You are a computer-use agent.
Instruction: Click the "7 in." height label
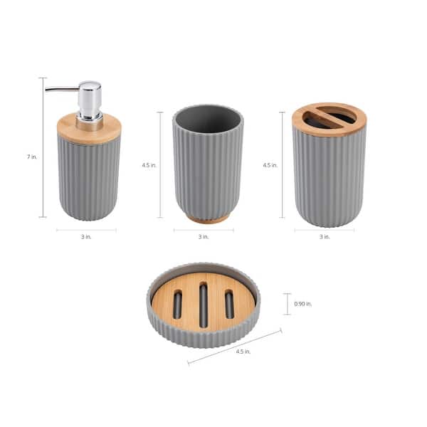[32, 156]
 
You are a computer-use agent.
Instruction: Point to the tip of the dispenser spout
[47, 89]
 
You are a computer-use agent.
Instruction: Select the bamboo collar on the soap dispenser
[89, 130]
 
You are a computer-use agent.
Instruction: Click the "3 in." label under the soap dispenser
[86, 236]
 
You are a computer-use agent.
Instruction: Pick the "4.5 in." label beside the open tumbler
[149, 164]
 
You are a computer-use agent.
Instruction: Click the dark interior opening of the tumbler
[207, 119]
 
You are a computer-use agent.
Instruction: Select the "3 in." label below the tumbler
[204, 236]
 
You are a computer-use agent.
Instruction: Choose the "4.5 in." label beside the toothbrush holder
[270, 164]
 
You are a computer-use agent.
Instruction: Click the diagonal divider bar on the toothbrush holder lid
[329, 118]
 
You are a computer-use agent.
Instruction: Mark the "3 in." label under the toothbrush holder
[325, 236]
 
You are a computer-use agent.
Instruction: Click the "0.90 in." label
[303, 304]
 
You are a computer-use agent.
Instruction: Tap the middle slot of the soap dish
[204, 305]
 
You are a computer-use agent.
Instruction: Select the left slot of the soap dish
[178, 305]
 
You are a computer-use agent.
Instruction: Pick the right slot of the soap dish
[229, 305]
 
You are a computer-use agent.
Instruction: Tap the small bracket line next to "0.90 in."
[287, 304]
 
